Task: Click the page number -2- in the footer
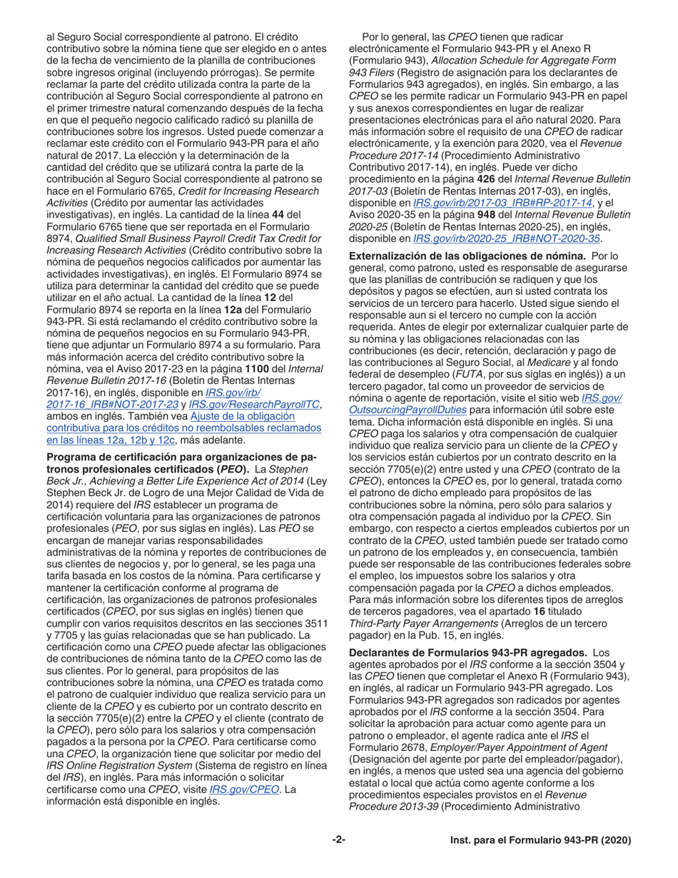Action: click(x=338, y=840)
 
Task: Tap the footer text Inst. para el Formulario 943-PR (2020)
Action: click(x=541, y=840)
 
